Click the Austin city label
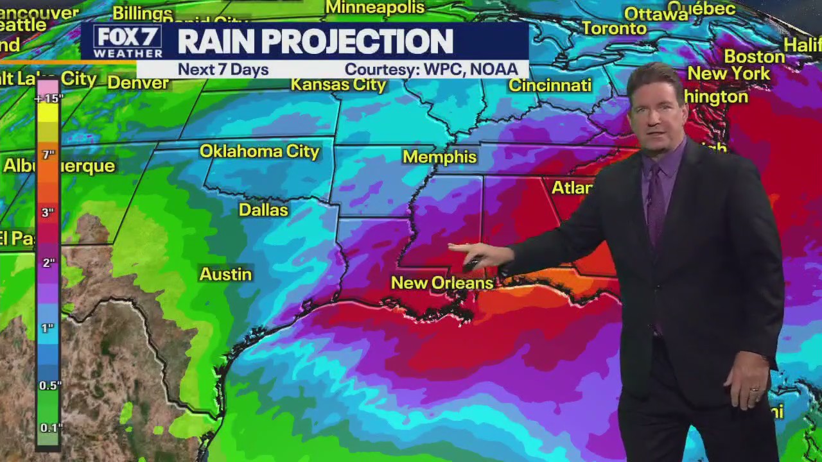(225, 274)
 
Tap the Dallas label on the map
(263, 210)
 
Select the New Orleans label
(442, 283)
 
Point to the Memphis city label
(440, 157)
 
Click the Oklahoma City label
(259, 151)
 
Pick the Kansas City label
(338, 85)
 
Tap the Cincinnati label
(550, 85)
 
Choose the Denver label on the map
(138, 83)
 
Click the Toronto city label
(615, 28)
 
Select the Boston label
(755, 56)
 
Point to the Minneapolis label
(375, 8)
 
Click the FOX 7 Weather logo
(127, 42)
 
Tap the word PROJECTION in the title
(357, 42)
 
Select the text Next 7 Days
(223, 69)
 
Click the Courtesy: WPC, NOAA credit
(431, 69)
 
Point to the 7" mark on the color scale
(48, 155)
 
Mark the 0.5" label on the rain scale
(50, 385)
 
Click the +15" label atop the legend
(49, 98)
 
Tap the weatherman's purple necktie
(656, 205)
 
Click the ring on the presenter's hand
(755, 389)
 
